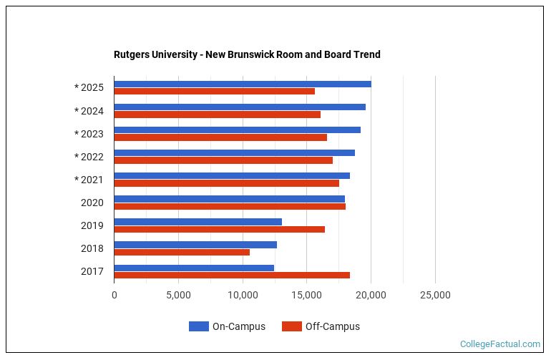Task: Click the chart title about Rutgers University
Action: (x=247, y=54)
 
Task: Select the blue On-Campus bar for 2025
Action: (x=242, y=84)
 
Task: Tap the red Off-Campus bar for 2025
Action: (x=214, y=92)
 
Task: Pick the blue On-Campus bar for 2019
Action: (x=198, y=221)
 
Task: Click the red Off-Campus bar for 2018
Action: (x=182, y=252)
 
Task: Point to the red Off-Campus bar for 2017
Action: (x=231, y=275)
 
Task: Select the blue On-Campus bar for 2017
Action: (x=194, y=268)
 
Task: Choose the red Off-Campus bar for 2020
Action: (x=229, y=206)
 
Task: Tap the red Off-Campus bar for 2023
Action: (x=220, y=137)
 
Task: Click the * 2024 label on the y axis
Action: (x=89, y=111)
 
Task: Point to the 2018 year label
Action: (x=92, y=248)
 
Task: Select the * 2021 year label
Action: (x=89, y=180)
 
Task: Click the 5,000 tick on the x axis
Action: (x=178, y=295)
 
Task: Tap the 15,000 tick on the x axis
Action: (x=307, y=295)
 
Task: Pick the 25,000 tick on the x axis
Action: (x=435, y=295)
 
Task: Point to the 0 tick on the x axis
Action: (x=114, y=295)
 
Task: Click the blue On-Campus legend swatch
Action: (x=198, y=326)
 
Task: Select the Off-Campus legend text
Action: (x=332, y=326)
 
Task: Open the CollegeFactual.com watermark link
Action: (x=499, y=344)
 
